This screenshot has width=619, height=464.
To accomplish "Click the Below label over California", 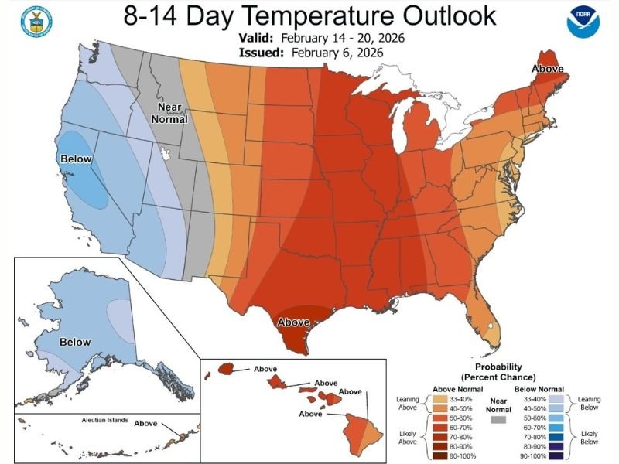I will (75, 159).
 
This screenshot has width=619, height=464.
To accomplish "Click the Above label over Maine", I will (547, 70).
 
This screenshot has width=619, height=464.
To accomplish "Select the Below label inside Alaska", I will (74, 342).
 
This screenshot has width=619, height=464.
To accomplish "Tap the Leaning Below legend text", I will (590, 404).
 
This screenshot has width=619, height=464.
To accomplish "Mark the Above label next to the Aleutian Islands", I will (146, 424).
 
